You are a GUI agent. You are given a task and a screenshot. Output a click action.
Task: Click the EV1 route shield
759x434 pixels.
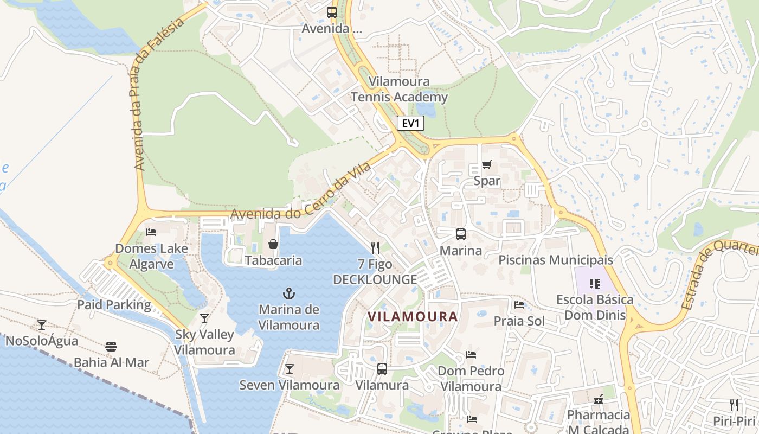pyautogui.click(x=411, y=124)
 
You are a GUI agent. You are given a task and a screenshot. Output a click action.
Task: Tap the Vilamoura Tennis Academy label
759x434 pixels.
pyautogui.click(x=399, y=90)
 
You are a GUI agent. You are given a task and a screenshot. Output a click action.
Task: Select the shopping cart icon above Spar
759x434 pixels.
pyautogui.click(x=486, y=165)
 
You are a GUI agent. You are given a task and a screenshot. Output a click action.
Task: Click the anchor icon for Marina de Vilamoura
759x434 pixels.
pyautogui.click(x=289, y=294)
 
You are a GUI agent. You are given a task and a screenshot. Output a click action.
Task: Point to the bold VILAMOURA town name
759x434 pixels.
pyautogui.click(x=413, y=316)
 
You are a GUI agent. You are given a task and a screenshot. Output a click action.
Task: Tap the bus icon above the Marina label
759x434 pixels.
pyautogui.click(x=460, y=234)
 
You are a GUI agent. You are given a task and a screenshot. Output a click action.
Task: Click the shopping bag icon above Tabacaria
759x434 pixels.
pyautogui.click(x=273, y=244)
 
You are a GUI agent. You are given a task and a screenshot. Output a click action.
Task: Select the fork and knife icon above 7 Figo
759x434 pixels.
pyautogui.click(x=375, y=248)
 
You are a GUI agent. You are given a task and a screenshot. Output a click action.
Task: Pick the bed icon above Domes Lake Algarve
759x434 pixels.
pyautogui.click(x=151, y=232)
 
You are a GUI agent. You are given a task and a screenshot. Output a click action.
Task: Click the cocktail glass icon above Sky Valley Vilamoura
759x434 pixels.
pyautogui.click(x=204, y=318)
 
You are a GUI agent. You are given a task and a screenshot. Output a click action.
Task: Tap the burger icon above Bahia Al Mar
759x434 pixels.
pyautogui.click(x=111, y=347)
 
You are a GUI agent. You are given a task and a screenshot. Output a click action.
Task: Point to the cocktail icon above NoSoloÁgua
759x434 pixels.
pyautogui.click(x=42, y=325)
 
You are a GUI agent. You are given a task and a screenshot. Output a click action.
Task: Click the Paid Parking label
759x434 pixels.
pyautogui.click(x=114, y=304)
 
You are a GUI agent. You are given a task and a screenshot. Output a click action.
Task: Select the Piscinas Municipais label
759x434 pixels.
pyautogui.click(x=556, y=260)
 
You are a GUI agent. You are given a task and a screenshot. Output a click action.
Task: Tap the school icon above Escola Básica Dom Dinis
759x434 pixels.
pyautogui.click(x=595, y=283)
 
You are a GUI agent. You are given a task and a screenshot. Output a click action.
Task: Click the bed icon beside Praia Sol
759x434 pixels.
pyautogui.click(x=519, y=305)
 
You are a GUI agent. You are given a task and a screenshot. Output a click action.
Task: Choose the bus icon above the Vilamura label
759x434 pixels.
pyautogui.click(x=382, y=369)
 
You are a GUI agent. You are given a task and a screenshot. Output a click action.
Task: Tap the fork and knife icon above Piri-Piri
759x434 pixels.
pyautogui.click(x=734, y=405)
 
